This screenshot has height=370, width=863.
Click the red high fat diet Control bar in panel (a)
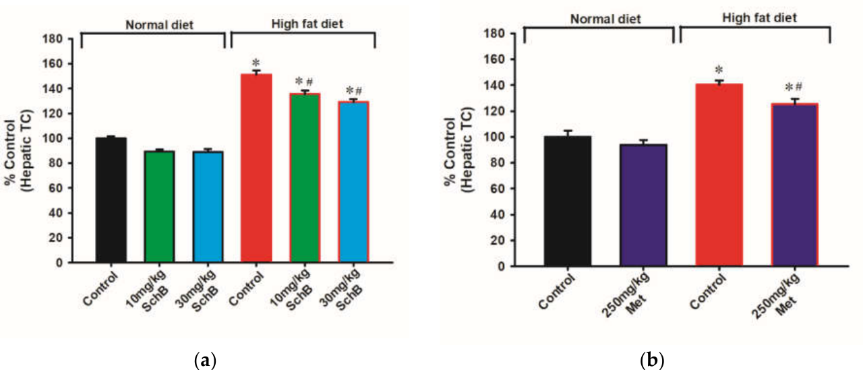click(x=256, y=168)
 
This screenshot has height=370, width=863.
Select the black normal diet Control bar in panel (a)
click(x=111, y=199)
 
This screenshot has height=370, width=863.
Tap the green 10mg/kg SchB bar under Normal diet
click(x=160, y=206)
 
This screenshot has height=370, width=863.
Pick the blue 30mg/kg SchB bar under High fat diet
click(x=353, y=182)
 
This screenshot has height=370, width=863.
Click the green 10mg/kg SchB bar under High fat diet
click(x=305, y=177)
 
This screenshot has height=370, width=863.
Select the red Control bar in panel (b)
click(x=719, y=175)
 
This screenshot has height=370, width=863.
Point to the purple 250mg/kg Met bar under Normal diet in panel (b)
click(x=643, y=205)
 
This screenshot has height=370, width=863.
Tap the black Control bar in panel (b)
click(x=568, y=201)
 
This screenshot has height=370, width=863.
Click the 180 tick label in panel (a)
click(x=53, y=39)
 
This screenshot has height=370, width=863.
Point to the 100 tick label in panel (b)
click(x=494, y=137)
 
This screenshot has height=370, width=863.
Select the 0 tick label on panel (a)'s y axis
click(x=59, y=263)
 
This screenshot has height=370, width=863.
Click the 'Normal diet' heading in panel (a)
click(x=160, y=25)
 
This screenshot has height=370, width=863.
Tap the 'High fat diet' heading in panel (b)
click(x=759, y=18)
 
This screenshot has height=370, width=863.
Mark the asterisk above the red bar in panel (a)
click(x=256, y=63)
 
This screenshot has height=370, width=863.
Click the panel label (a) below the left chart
click(x=206, y=361)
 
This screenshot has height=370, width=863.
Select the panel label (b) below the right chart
click(x=652, y=361)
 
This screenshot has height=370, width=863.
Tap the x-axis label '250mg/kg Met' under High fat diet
click(x=775, y=296)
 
